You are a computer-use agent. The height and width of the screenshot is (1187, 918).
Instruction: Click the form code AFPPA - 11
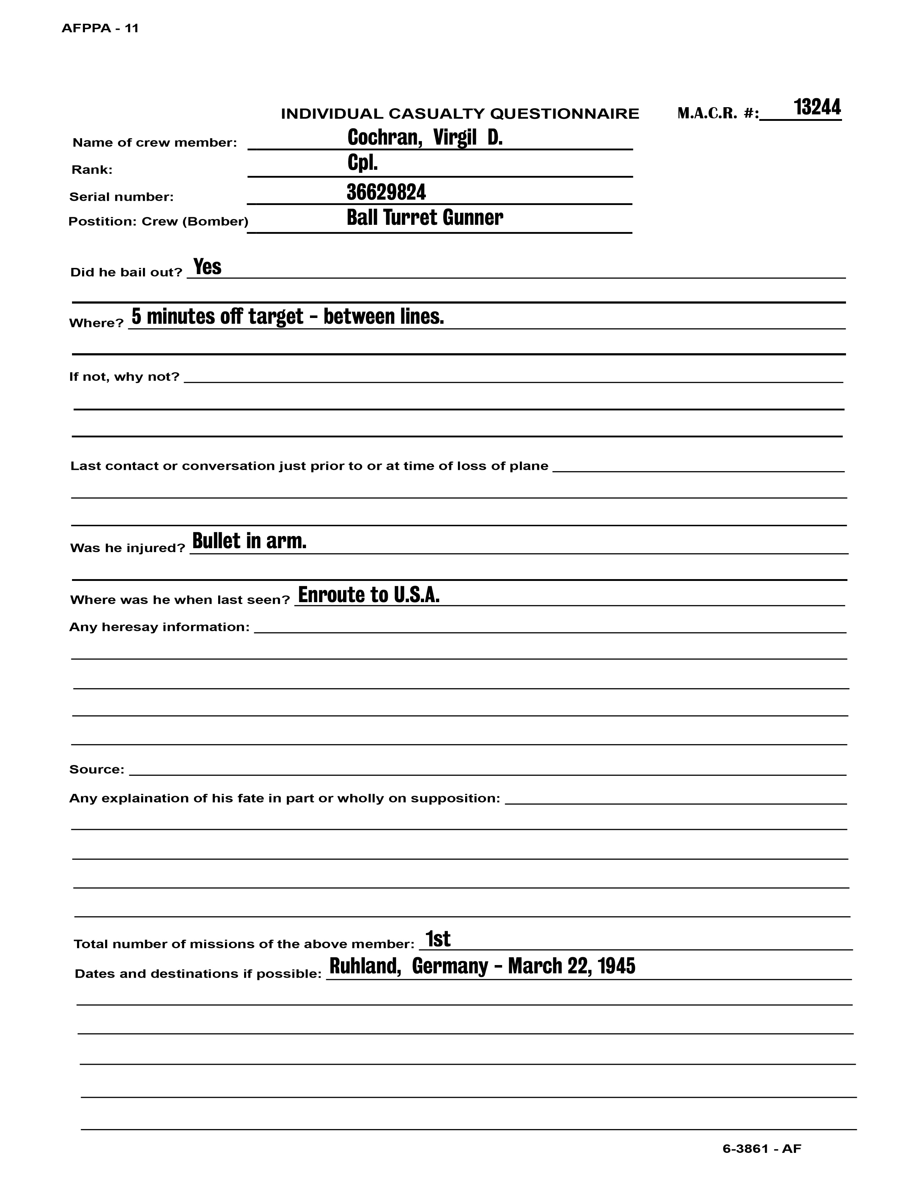click(100, 29)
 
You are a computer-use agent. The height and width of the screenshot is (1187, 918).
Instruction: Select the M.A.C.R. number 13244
click(817, 108)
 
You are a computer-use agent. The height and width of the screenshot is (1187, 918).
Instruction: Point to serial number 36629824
click(386, 192)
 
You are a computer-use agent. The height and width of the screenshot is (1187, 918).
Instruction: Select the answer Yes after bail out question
click(207, 267)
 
